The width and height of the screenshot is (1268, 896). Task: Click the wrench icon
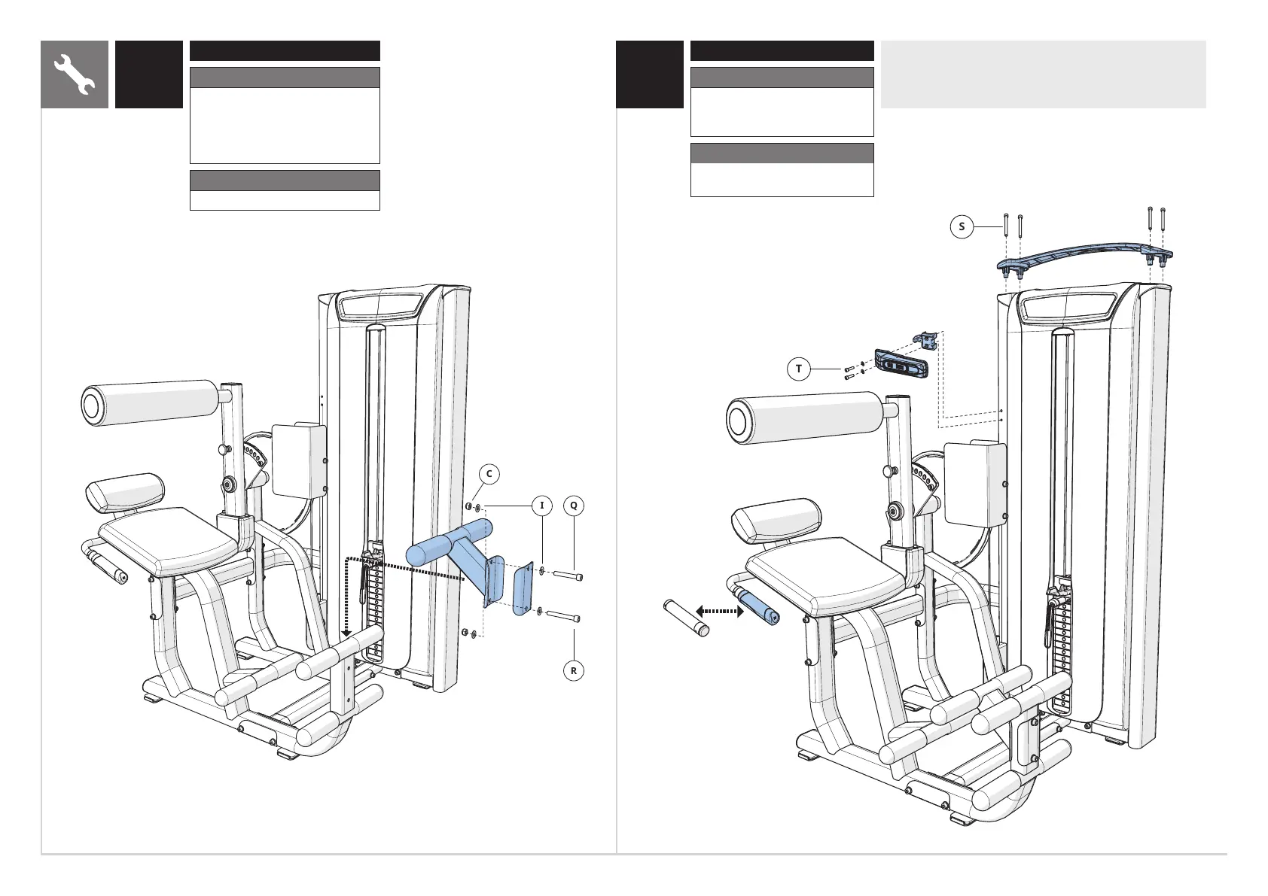click(x=75, y=74)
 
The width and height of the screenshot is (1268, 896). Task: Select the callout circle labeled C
click(x=489, y=474)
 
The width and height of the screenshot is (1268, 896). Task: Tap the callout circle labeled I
click(x=541, y=506)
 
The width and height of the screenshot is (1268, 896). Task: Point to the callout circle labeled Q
click(x=574, y=506)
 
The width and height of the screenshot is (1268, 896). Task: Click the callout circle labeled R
click(x=574, y=670)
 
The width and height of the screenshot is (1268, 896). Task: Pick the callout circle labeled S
click(x=962, y=226)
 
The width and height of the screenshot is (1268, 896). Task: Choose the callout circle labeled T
click(x=799, y=369)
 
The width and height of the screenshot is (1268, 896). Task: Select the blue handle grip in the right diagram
click(x=759, y=606)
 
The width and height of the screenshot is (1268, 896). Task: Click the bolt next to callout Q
click(x=568, y=576)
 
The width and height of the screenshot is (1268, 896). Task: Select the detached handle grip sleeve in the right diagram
click(x=686, y=616)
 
